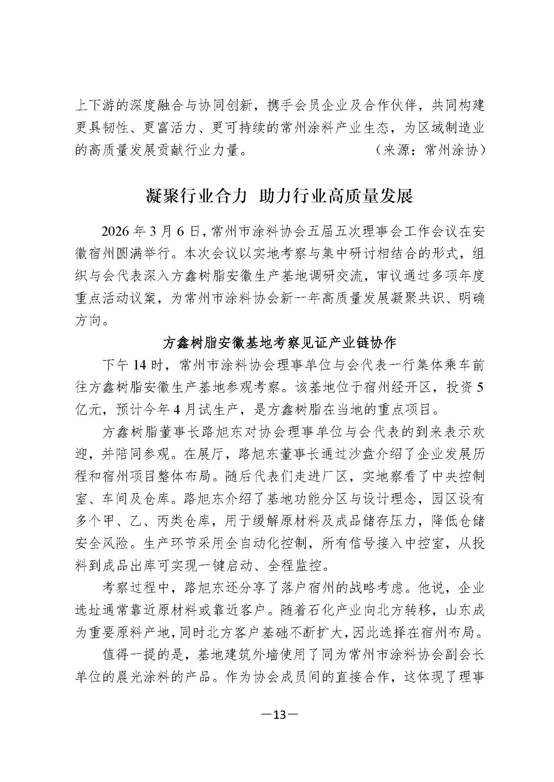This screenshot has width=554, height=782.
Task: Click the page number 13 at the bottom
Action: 279,715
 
